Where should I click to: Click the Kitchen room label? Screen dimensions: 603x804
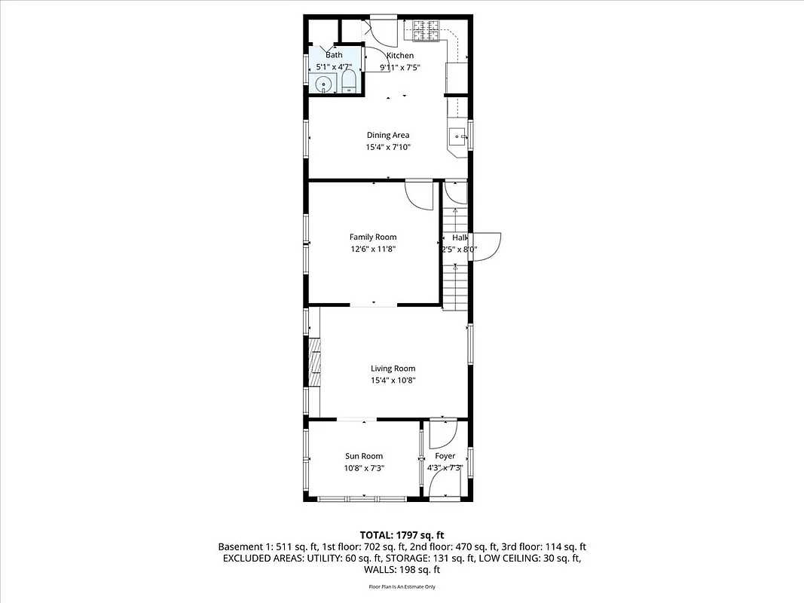(400, 56)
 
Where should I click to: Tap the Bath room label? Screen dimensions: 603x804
(334, 55)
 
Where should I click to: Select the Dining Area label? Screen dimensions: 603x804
(388, 136)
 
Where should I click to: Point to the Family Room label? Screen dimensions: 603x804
(372, 237)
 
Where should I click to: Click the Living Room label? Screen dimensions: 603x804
(393, 369)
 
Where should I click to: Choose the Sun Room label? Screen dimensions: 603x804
(364, 456)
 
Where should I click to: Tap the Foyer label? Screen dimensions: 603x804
(445, 456)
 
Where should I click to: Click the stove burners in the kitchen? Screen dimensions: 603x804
(426, 31)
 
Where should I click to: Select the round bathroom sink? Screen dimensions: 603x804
(324, 84)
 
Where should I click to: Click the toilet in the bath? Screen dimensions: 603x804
(350, 82)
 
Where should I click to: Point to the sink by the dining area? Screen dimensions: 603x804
(457, 137)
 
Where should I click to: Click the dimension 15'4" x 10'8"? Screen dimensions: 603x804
(393, 381)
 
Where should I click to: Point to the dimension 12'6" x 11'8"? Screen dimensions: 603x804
(372, 249)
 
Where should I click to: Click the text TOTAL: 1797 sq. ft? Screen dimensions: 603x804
(402, 534)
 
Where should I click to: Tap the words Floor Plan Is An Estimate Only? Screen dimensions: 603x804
(402, 586)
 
